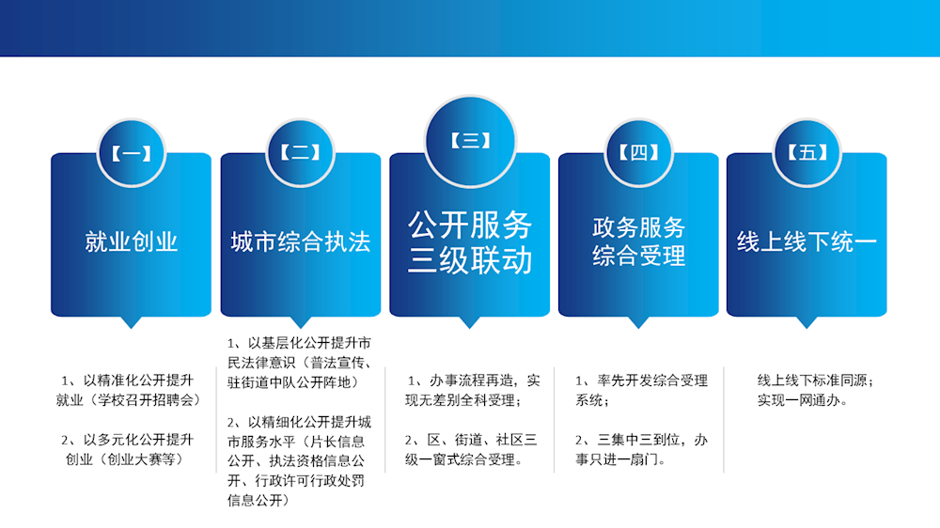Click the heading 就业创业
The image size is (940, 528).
[x=131, y=242]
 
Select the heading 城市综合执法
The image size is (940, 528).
[x=301, y=242]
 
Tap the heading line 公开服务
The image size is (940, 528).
[x=470, y=225]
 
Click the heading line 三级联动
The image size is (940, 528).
[x=470, y=260]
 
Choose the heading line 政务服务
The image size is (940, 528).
[x=638, y=227]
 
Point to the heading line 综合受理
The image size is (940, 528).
[x=638, y=256]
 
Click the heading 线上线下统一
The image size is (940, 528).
[x=807, y=242]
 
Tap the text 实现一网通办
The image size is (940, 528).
[x=804, y=400]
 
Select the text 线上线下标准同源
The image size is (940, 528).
[x=816, y=380]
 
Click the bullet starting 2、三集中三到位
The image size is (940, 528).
[x=641, y=449]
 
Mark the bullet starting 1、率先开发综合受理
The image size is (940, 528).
[x=641, y=390]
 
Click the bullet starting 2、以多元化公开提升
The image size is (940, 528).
[x=128, y=449]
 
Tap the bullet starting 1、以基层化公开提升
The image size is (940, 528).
[x=300, y=362]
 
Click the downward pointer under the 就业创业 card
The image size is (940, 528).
[x=131, y=322]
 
